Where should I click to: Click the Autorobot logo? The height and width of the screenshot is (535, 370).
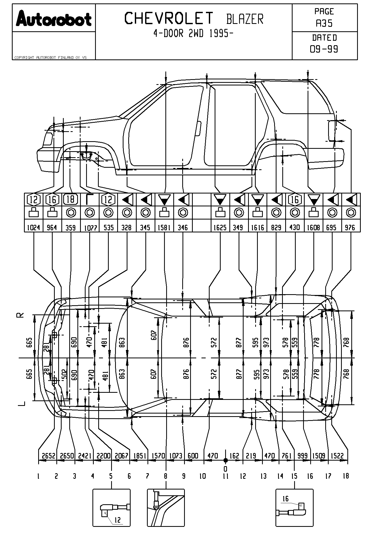point(54,18)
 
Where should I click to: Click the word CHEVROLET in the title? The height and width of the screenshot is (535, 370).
point(169,18)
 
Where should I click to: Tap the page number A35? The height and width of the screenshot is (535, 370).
point(324,24)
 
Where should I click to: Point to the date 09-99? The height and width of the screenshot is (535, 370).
point(324,49)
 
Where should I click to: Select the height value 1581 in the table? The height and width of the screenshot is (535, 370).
point(164,227)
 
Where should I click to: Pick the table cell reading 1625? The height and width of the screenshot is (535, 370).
point(220,227)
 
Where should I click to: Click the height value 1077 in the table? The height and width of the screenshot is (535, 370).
point(90,228)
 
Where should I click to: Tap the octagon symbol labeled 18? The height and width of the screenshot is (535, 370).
point(71,200)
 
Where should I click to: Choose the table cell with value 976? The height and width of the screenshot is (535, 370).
point(350,227)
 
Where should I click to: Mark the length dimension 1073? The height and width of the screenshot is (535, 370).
point(176,456)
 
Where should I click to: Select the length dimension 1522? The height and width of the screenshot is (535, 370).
point(337,456)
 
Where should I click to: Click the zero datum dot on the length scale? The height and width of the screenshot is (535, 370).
point(225,460)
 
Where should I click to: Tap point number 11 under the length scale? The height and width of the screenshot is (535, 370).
point(225,476)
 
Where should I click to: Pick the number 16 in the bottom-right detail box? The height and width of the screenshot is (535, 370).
point(286,498)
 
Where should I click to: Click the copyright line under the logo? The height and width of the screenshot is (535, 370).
point(50,58)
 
